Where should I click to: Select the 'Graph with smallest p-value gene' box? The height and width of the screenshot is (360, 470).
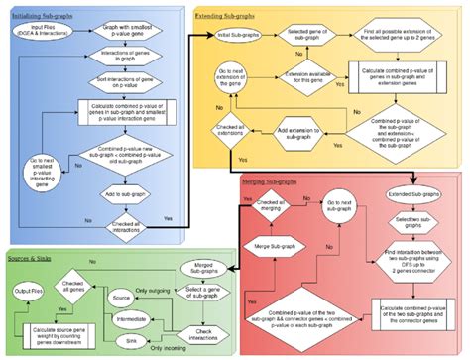pos(128,32)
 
